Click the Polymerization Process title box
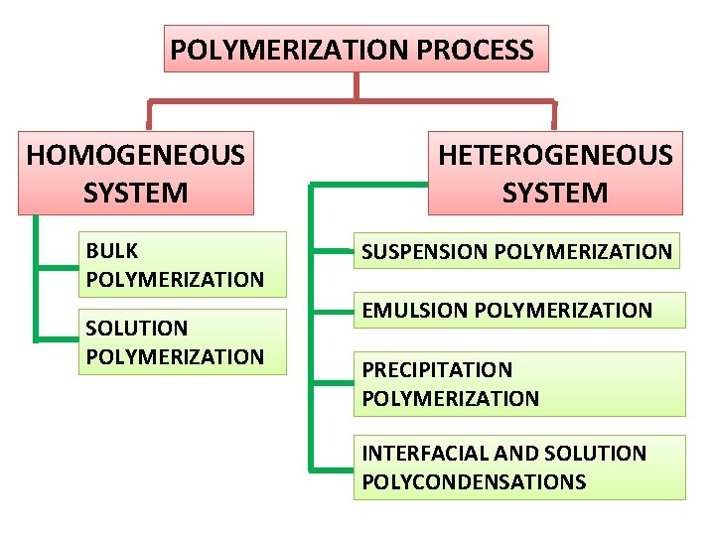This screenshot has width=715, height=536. click(x=356, y=49)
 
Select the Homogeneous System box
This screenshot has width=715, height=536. click(x=136, y=173)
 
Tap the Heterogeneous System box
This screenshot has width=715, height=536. click(x=555, y=173)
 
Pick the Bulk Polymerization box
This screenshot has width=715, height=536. click(x=182, y=265)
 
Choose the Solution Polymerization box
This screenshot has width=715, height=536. click(x=182, y=341)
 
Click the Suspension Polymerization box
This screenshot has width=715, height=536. click(x=516, y=251)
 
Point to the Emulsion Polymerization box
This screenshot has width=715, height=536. click(x=519, y=310)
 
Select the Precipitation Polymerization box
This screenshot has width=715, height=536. click(x=519, y=384)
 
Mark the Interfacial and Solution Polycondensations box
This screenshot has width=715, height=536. click(x=519, y=468)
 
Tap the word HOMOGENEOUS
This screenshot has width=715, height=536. click(x=136, y=156)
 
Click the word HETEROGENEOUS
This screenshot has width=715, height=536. click(x=555, y=156)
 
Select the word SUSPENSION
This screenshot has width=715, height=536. click(x=424, y=252)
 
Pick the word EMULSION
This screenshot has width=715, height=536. click(x=415, y=310)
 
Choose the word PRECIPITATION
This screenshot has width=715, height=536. click(x=437, y=370)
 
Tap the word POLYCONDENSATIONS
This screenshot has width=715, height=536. click(x=474, y=482)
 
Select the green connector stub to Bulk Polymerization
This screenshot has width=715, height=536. click(x=57, y=266)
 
